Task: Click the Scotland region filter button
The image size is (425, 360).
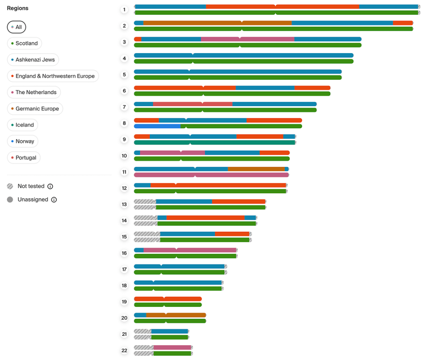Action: [24, 43]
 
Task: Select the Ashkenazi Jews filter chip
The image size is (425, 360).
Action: [33, 60]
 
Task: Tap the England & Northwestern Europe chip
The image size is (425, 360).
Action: [53, 76]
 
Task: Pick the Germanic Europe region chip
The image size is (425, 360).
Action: [35, 109]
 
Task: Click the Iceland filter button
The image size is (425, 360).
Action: [22, 125]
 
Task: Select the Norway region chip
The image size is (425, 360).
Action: [22, 141]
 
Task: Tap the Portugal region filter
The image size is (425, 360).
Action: [24, 158]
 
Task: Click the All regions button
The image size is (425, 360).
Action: [17, 27]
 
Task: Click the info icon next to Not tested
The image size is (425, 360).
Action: [50, 187]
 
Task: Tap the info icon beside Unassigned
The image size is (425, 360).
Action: [54, 199]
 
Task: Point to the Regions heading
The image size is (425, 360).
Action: [18, 8]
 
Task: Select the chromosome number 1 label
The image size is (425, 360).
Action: [124, 10]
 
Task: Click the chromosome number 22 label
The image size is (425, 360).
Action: [124, 350]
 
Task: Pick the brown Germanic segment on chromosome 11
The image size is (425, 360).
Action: [256, 169]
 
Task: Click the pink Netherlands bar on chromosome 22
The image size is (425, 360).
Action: [172, 348]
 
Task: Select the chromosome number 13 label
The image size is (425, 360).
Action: [124, 204]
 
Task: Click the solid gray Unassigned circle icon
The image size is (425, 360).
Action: [10, 199]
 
